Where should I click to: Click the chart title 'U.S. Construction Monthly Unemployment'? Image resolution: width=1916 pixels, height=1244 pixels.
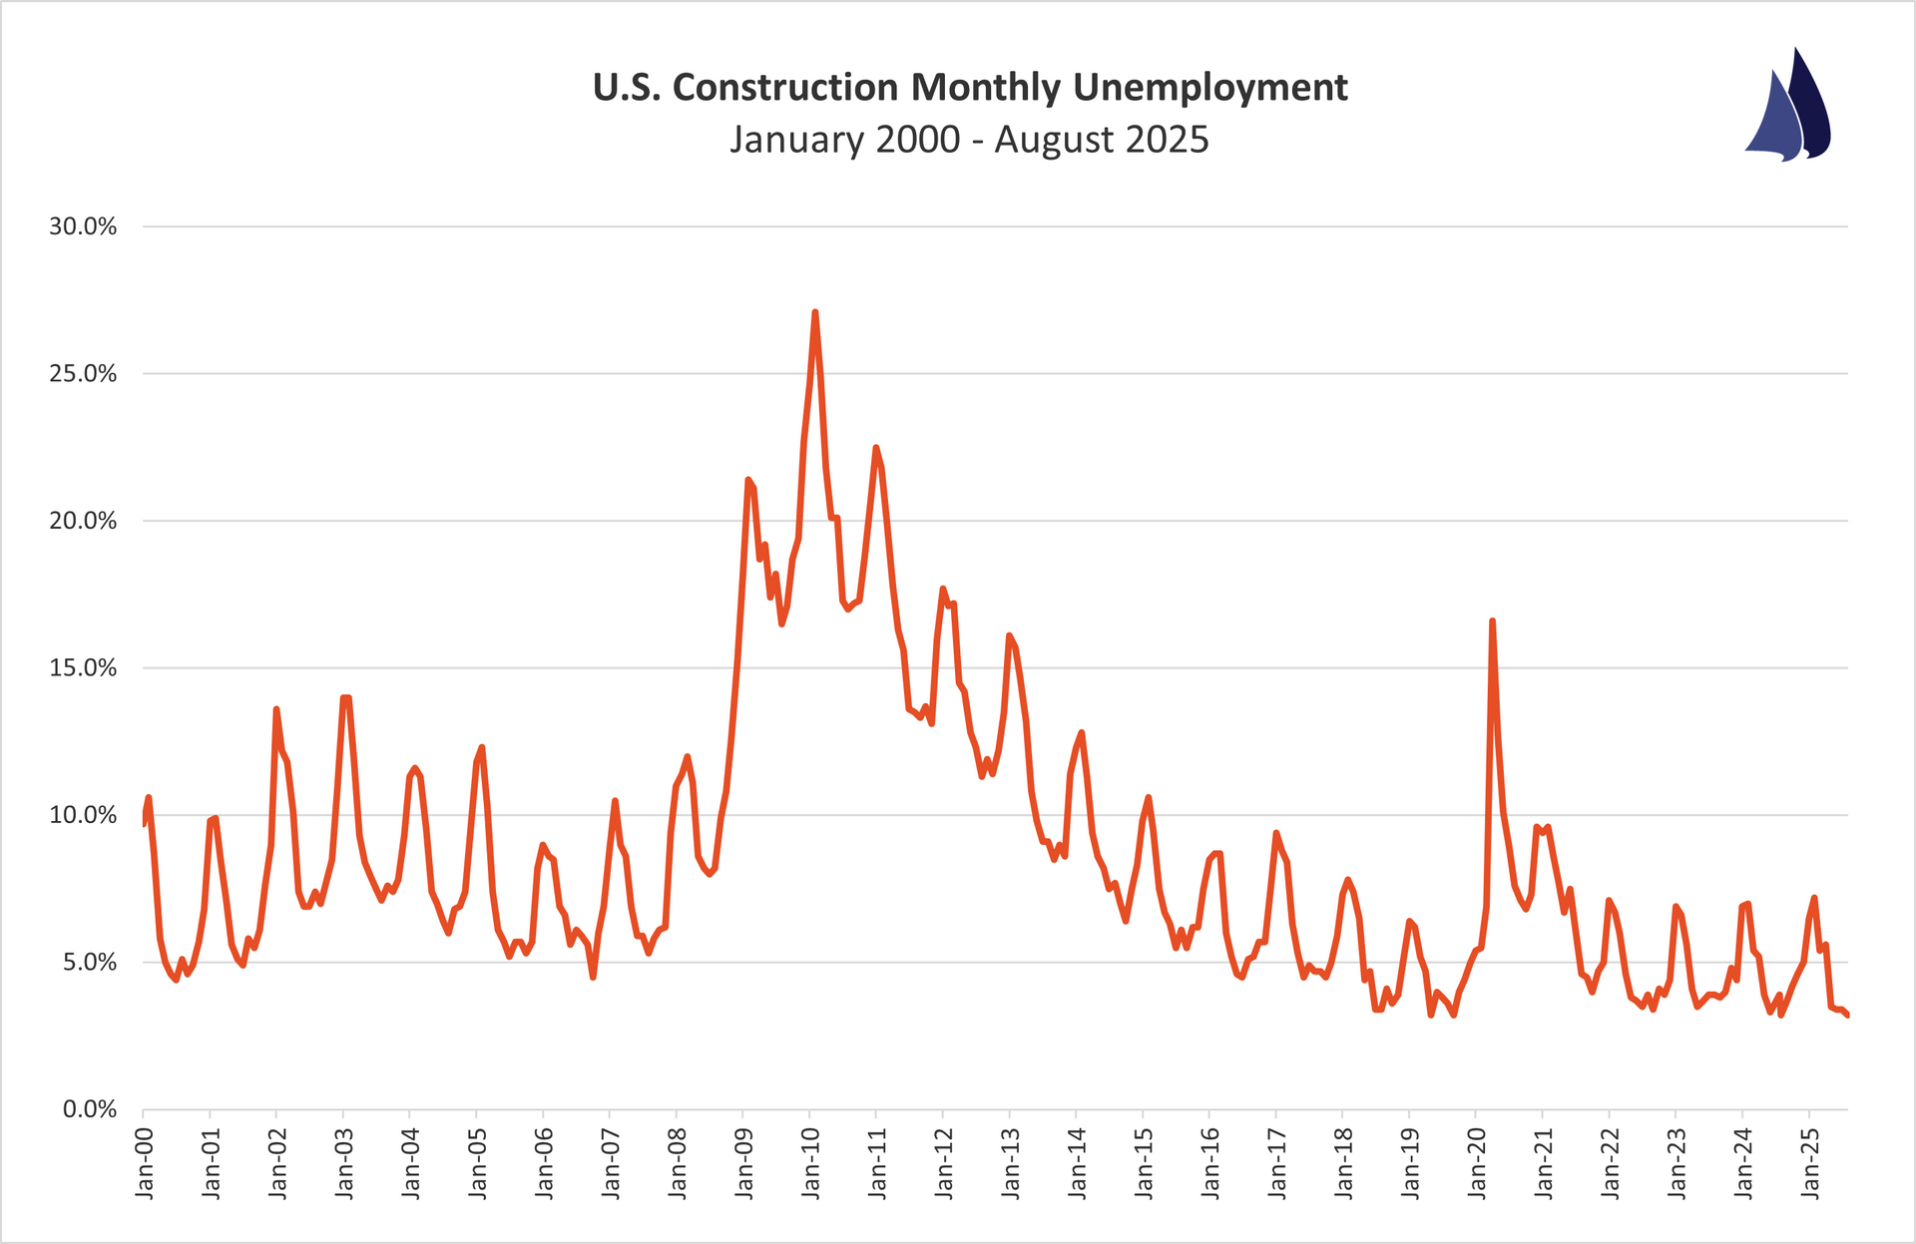tap(970, 88)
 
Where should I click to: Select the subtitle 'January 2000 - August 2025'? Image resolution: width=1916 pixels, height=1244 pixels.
tap(970, 140)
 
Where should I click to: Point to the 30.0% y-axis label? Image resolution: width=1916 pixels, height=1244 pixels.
tap(83, 226)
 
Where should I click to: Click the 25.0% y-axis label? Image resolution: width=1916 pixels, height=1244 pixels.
tap(83, 374)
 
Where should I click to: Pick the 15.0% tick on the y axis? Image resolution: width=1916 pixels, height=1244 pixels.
tap(83, 668)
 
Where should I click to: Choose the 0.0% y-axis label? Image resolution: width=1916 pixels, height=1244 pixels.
tap(90, 1109)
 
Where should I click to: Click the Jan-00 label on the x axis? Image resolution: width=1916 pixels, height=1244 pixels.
tap(145, 1162)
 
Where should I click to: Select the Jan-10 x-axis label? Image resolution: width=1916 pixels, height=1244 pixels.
tap(810, 1162)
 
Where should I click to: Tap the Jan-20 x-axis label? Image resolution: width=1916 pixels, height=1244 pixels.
tap(1476, 1162)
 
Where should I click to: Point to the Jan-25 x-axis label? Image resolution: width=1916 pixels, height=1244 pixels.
tap(1809, 1162)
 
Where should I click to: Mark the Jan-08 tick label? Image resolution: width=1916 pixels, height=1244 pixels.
tap(678, 1162)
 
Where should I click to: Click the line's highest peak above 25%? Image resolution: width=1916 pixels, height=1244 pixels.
tap(815, 312)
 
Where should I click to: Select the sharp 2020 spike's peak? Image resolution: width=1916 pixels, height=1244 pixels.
tap(1492, 621)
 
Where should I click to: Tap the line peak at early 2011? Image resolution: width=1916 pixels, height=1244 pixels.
tap(876, 447)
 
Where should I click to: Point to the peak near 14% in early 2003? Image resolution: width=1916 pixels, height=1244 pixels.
tap(345, 697)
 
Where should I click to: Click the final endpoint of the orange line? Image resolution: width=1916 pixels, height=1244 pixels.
tap(1847, 1016)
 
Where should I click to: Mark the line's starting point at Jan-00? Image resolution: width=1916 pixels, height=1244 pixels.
tap(144, 824)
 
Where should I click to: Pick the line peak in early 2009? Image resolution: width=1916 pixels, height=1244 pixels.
tap(748, 480)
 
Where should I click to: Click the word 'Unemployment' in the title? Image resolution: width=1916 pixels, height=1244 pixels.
tap(1210, 88)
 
